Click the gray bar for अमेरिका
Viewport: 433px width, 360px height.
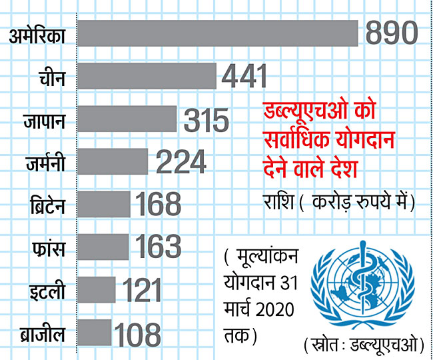pos(218,34)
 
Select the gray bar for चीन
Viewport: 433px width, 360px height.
pos(147,76)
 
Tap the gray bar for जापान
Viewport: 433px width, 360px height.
pos(127,119)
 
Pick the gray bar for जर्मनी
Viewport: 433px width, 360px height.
pos(113,161)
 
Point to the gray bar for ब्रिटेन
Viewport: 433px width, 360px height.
pos(104,204)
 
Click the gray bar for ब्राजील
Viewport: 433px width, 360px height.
pos(95,332)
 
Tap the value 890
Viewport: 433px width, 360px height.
pos(389,33)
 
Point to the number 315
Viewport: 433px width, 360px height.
pos(206,121)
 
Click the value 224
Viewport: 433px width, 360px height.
pos(181,163)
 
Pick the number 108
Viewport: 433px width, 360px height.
pos(137,333)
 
